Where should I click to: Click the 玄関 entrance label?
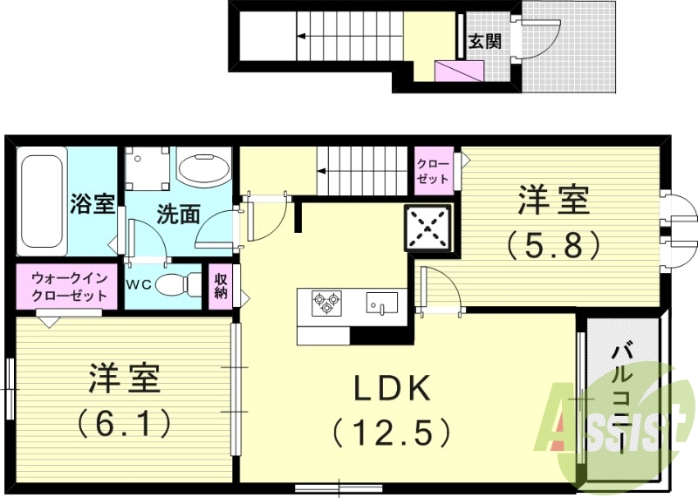pyautogui.click(x=484, y=41)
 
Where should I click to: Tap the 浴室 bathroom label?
pyautogui.click(x=92, y=205)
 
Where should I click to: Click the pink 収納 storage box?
pyautogui.click(x=221, y=285)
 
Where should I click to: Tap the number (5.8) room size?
pyautogui.click(x=554, y=244)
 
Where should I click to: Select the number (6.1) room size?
pyautogui.click(x=123, y=425)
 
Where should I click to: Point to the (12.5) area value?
pyautogui.click(x=392, y=431)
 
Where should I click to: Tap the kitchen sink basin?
pyautogui.click(x=381, y=303)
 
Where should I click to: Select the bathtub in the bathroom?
pyautogui.click(x=42, y=201)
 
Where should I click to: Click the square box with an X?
pyautogui.click(x=428, y=229)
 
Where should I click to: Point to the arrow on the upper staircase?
pyautogui.click(x=300, y=37)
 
